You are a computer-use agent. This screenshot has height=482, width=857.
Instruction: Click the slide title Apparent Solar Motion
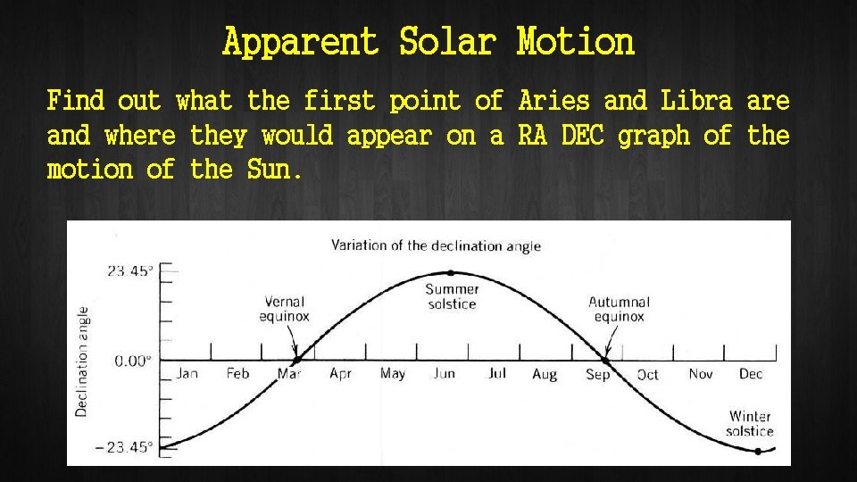pos(428,42)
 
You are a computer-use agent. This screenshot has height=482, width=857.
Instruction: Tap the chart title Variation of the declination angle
pos(436,245)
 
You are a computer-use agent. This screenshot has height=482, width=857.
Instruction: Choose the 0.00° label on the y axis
pos(132,360)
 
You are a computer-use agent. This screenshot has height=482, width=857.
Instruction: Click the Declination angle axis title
pos(82,361)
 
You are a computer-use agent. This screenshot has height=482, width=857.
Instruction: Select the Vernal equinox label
pos(284,309)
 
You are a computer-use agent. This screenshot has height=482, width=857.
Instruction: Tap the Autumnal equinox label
pos(619,309)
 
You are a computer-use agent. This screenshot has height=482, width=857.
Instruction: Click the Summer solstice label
pos(452,296)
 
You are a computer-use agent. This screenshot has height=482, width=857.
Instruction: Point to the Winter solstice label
pos(750,423)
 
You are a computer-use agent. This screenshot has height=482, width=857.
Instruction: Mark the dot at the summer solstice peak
pos(451,273)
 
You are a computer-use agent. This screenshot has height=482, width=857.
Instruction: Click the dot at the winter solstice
pos(757,452)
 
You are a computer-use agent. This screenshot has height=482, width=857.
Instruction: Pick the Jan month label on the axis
pos(187,374)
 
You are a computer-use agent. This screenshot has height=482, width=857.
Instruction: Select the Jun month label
pos(444,374)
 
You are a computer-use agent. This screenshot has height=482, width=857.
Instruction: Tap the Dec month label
pos(751,374)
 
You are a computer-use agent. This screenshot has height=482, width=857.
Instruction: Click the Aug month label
pos(545,374)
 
